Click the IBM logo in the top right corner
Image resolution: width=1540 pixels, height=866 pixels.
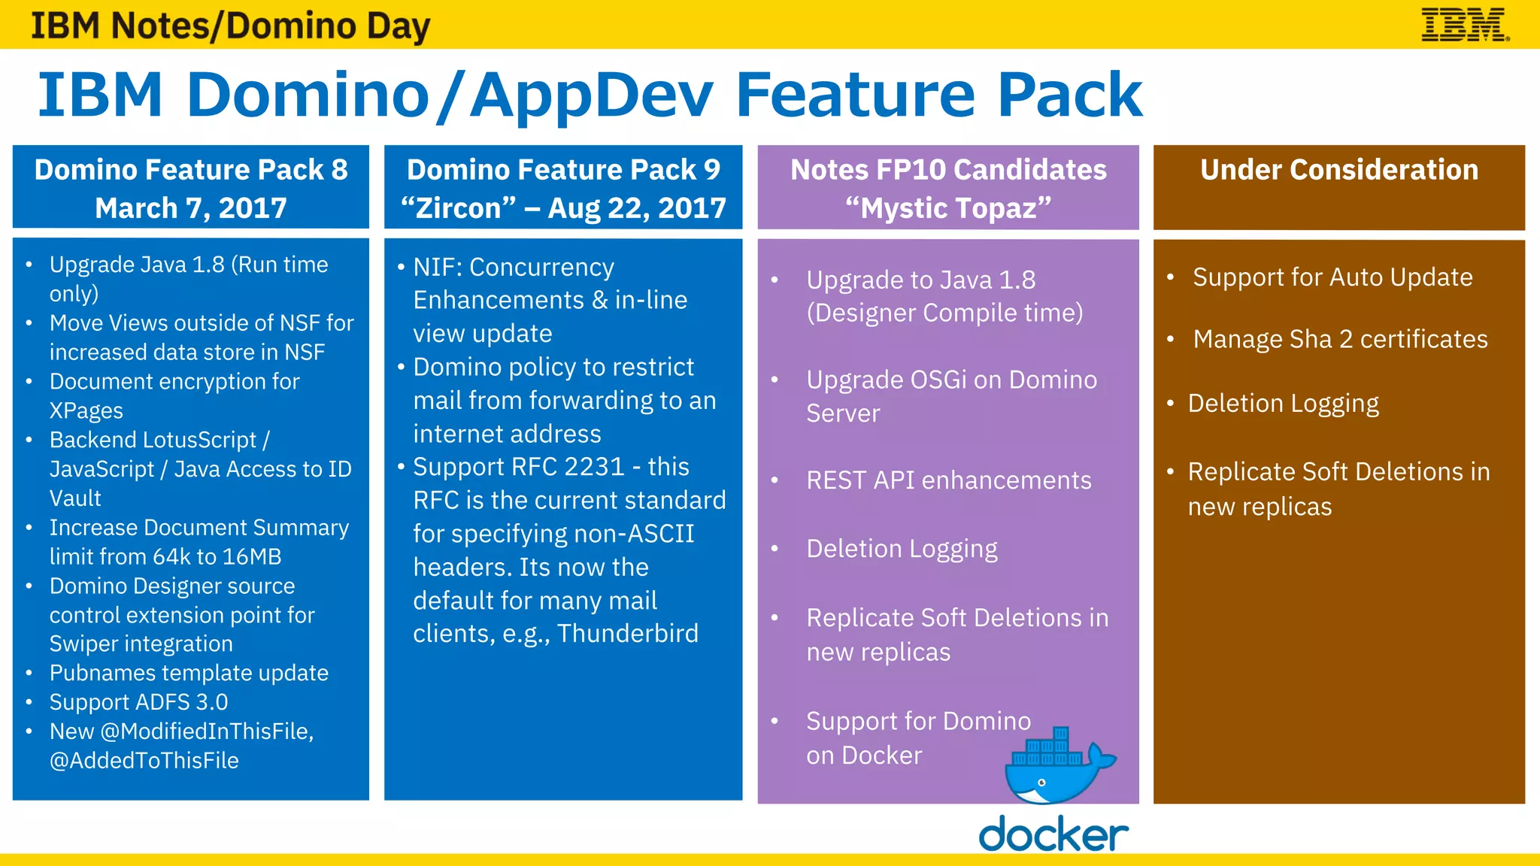pyautogui.click(x=1464, y=25)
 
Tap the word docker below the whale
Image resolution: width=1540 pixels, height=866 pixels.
pyautogui.click(x=1053, y=834)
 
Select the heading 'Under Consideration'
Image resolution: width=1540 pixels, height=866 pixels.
pyautogui.click(x=1338, y=170)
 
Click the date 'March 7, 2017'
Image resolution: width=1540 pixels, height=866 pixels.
pyautogui.click(x=191, y=208)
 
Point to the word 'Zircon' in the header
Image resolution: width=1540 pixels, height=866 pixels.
pyautogui.click(x=458, y=208)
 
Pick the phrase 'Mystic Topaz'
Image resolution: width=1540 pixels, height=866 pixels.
pyautogui.click(x=948, y=208)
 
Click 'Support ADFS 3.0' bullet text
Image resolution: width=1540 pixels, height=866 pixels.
pyautogui.click(x=138, y=702)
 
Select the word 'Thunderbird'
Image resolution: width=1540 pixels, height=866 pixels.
pyautogui.click(x=627, y=634)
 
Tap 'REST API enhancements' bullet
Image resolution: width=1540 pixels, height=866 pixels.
pyautogui.click(x=948, y=480)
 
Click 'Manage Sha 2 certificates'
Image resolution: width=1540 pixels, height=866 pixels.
pyautogui.click(x=1340, y=339)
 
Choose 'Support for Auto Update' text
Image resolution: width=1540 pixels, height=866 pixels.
pyautogui.click(x=1332, y=277)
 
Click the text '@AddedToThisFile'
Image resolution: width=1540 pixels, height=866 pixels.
pyautogui.click(x=144, y=761)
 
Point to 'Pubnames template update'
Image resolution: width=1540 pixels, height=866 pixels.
pyautogui.click(x=189, y=673)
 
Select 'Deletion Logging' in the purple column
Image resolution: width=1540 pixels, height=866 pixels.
pyautogui.click(x=902, y=550)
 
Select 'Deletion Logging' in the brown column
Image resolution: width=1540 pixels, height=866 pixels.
pyautogui.click(x=1283, y=404)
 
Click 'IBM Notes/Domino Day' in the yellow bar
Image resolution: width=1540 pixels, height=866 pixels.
pyautogui.click(x=230, y=26)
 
